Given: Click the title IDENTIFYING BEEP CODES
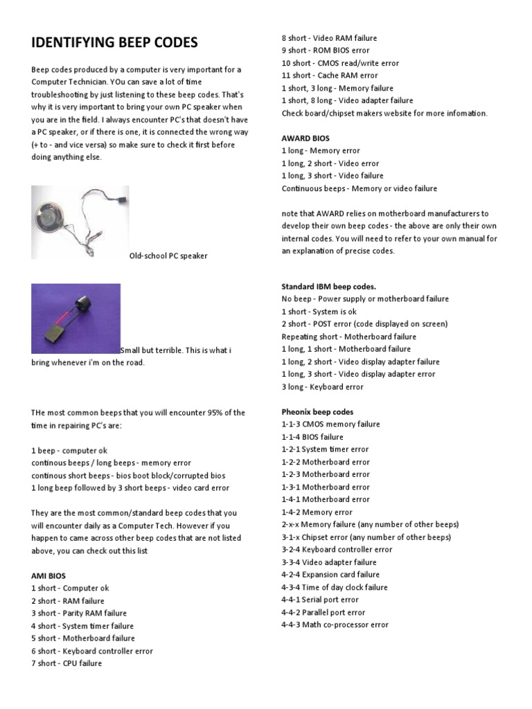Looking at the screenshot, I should pos(114,43).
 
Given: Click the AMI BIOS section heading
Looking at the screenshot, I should pos(50,575).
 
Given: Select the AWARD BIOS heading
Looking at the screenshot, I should pos(305,138).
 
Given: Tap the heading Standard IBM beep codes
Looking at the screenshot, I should pos(329,286).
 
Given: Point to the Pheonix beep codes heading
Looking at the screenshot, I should pos(317,411).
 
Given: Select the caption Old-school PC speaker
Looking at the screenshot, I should pos(168,256).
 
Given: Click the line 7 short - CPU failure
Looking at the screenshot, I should pos(66,663).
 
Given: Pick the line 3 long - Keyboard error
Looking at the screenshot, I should pos(322,386).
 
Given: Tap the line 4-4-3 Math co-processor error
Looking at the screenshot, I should pos(335,625).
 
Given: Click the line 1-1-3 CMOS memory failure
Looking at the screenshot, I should pos(330,424).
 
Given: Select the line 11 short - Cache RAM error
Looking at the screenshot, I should pos(330,75).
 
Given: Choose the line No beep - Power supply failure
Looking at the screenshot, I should pos(365,298).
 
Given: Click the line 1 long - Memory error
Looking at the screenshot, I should pos(321,150).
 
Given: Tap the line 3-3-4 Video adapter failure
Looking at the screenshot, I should pos(329,562).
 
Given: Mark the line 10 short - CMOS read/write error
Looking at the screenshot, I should pos(340,63).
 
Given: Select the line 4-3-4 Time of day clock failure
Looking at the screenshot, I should pos(335,587).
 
